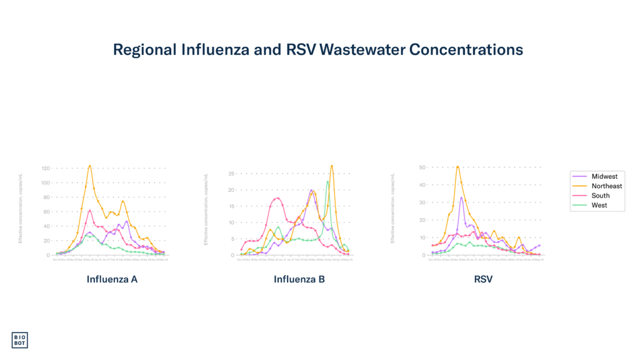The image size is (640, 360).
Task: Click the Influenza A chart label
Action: pos(112,279)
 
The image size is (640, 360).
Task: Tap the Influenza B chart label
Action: pos(299,279)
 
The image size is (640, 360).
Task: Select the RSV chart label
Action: pos(483,279)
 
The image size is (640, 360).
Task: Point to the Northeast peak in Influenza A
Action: pos(90,166)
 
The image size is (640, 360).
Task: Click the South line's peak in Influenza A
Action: pos(90,211)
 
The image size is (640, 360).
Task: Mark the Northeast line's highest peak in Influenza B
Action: pos(332,166)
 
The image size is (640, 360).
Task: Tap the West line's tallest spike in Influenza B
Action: pos(327,181)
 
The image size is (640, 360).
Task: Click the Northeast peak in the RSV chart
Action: pos(457,166)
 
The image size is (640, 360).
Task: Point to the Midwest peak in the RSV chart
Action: pos(462,197)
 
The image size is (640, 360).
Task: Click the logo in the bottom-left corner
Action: pos(19,339)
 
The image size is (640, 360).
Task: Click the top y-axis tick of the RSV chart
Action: pos(422,167)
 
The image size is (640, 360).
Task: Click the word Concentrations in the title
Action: pos(466,50)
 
